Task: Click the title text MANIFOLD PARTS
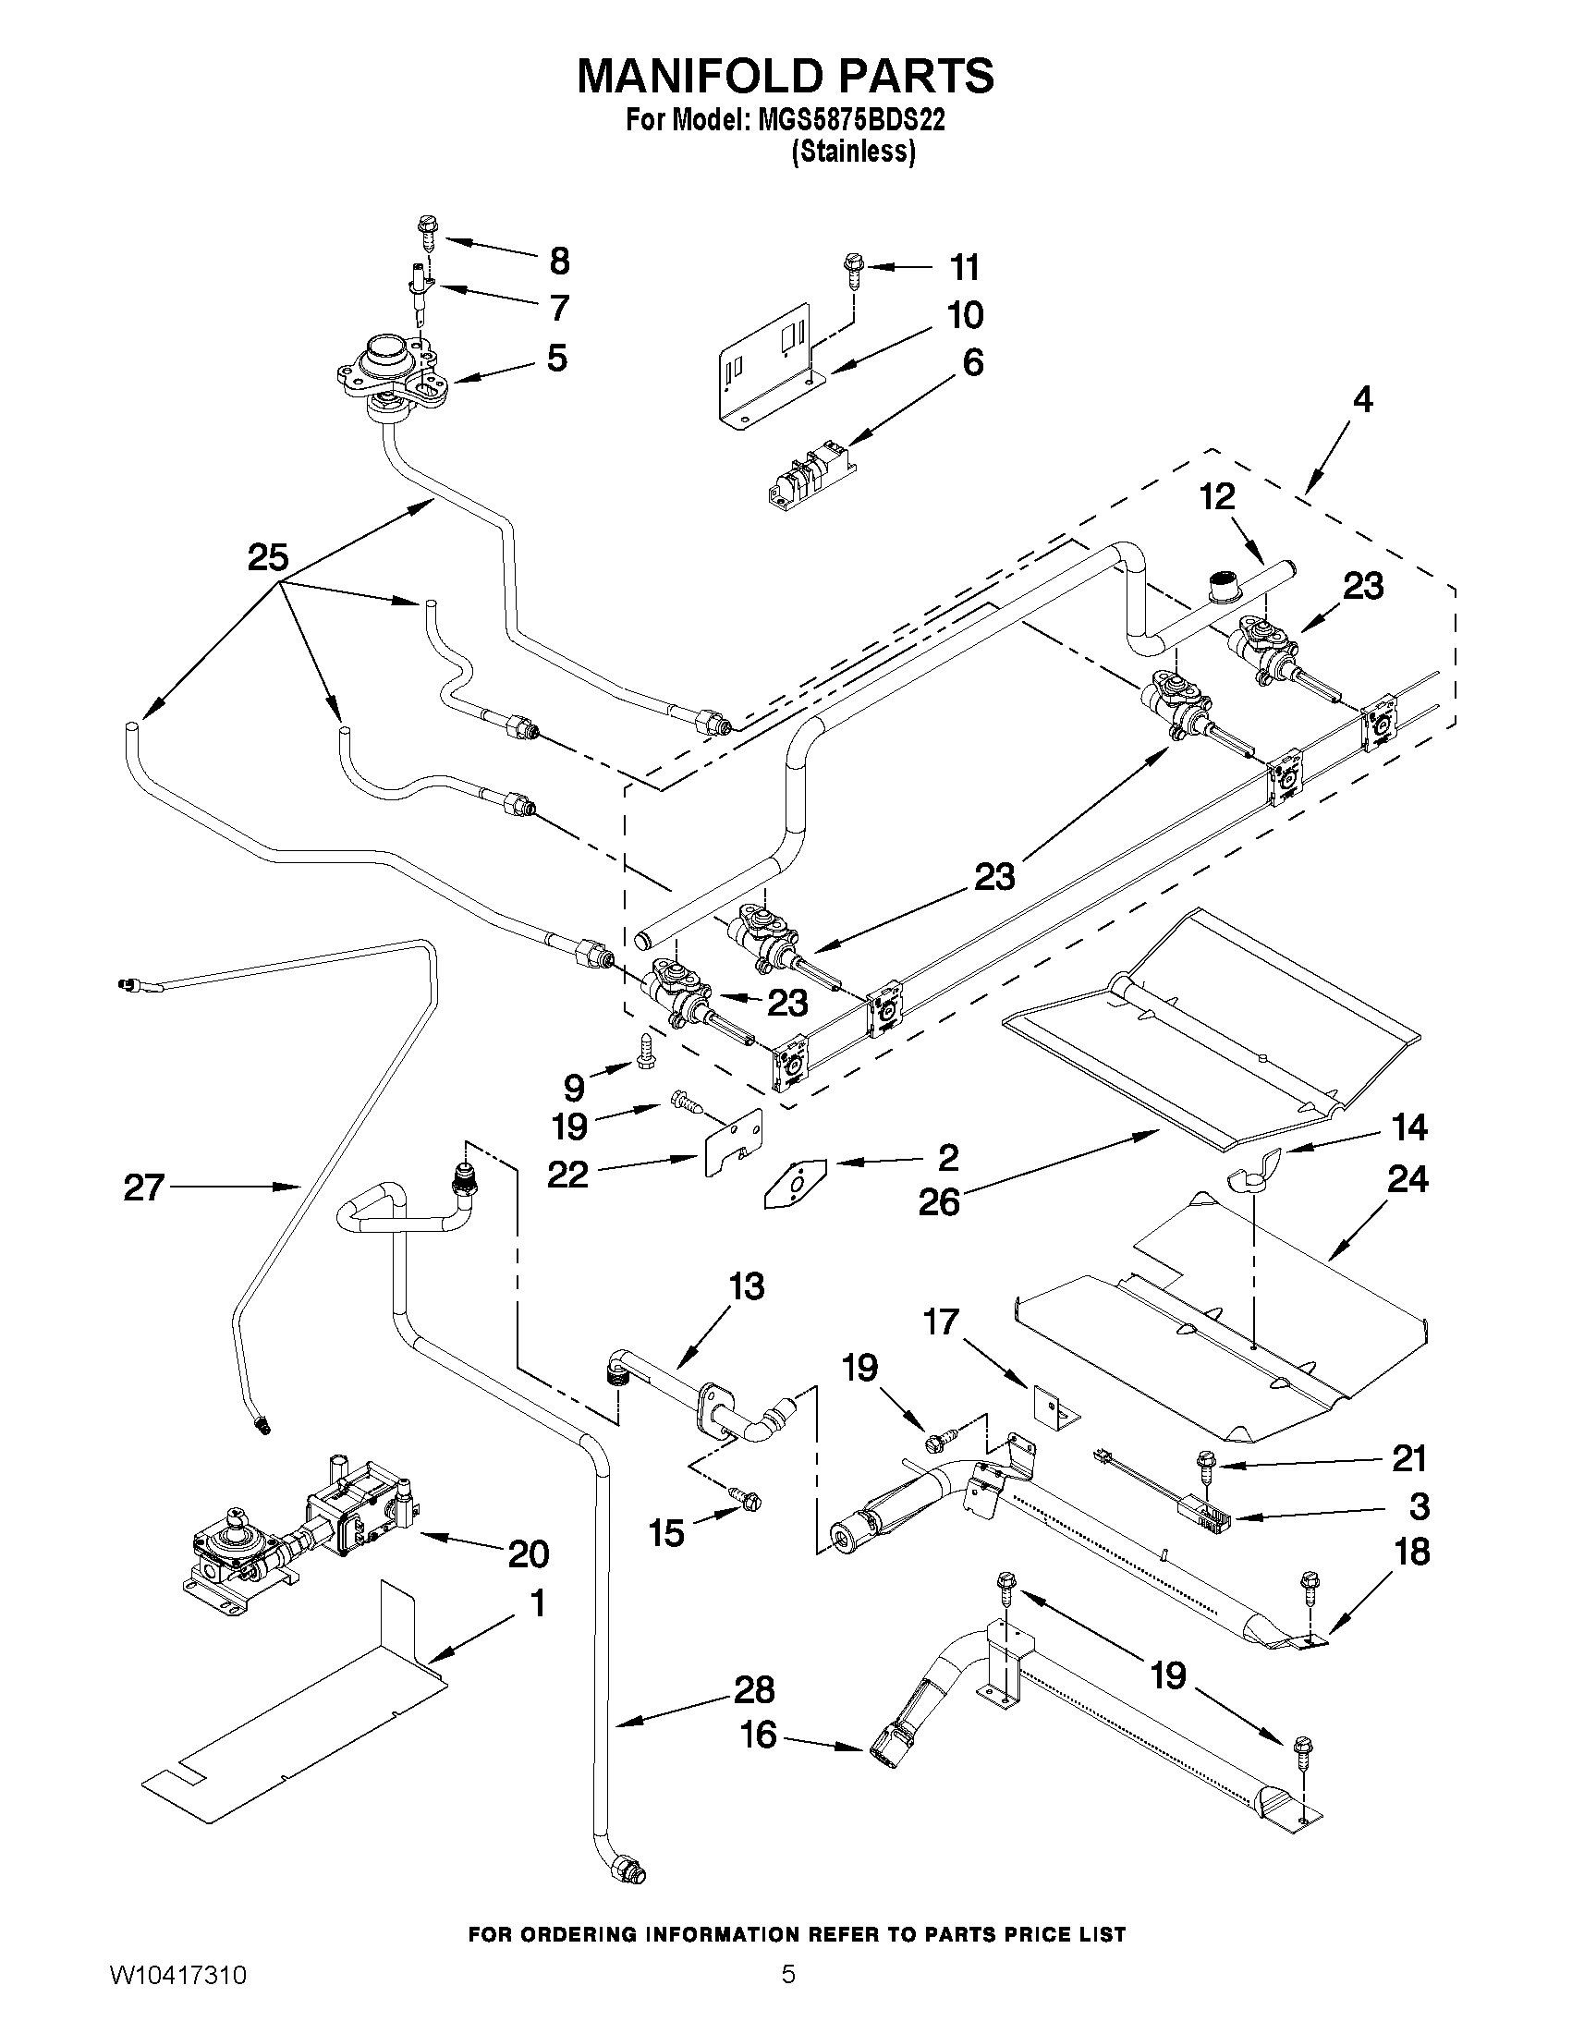click(x=785, y=76)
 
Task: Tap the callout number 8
click(x=559, y=262)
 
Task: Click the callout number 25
click(x=268, y=558)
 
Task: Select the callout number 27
click(x=144, y=1188)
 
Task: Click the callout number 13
click(x=748, y=1287)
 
